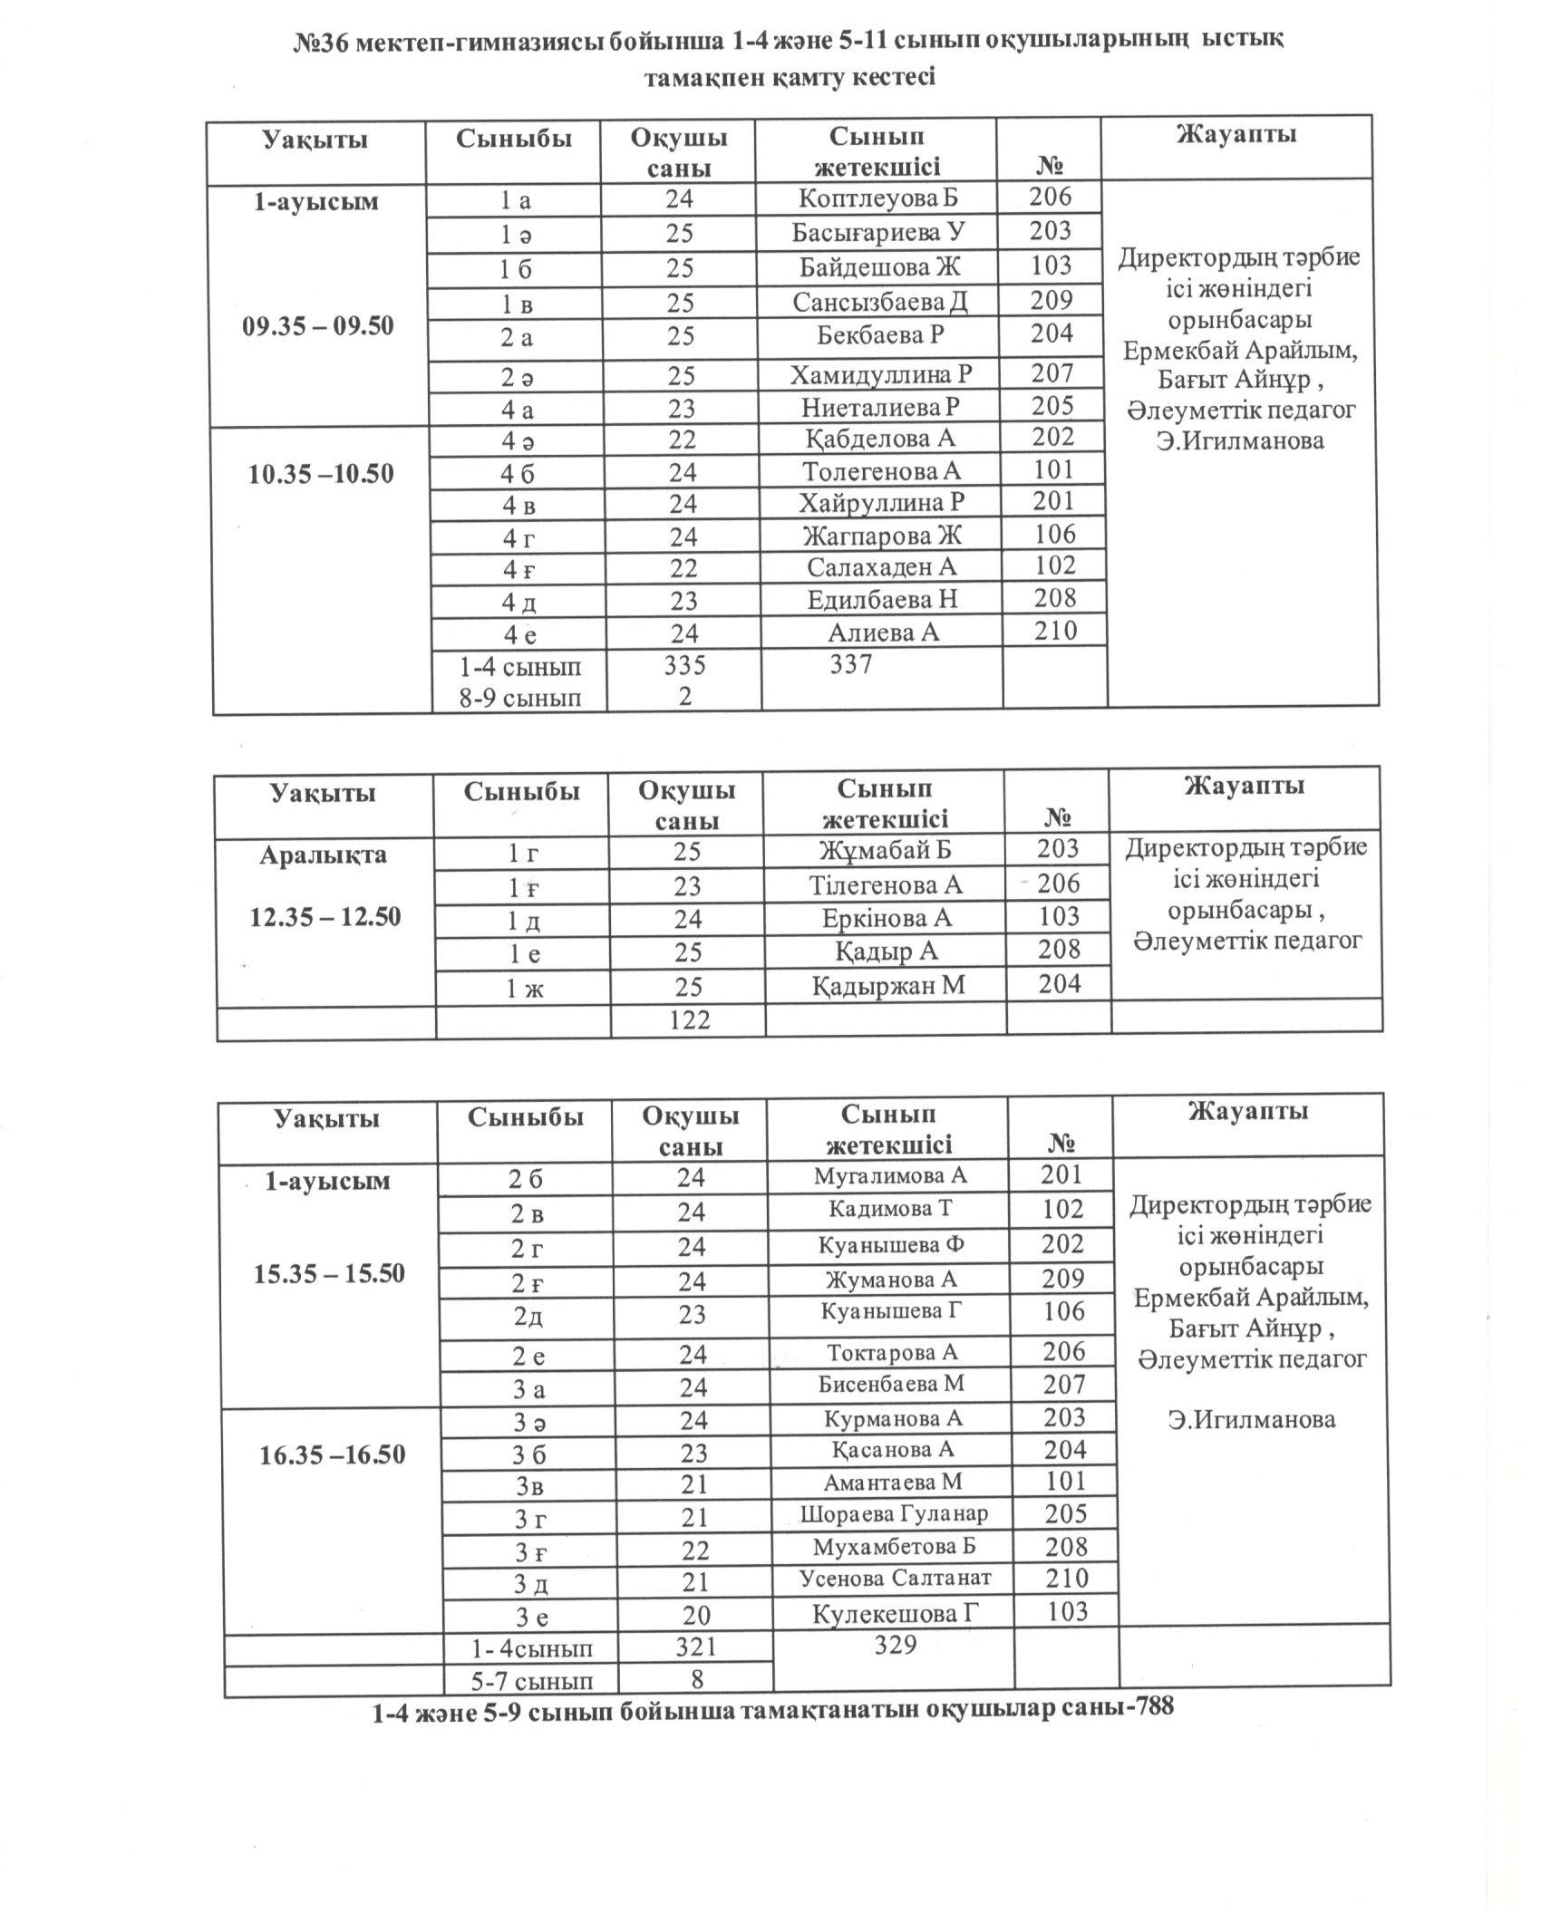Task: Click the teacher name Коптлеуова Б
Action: [x=877, y=198]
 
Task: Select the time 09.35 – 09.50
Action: [x=317, y=326]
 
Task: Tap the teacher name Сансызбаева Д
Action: [x=879, y=302]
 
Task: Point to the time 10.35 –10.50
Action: [x=321, y=474]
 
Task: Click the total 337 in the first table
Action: [x=850, y=664]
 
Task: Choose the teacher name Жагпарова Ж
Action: [x=881, y=536]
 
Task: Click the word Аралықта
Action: [x=323, y=855]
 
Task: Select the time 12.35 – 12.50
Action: [x=325, y=917]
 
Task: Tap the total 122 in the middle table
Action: [x=689, y=1020]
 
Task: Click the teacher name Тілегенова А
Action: [x=886, y=884]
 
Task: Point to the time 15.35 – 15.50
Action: [x=328, y=1273]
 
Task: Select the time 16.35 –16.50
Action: [x=332, y=1455]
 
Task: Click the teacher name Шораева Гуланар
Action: [x=894, y=1513]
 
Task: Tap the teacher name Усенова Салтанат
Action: [x=895, y=1578]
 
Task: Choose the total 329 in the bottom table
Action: [x=896, y=1645]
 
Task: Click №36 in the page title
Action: [x=322, y=43]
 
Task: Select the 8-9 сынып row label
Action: [x=519, y=698]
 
